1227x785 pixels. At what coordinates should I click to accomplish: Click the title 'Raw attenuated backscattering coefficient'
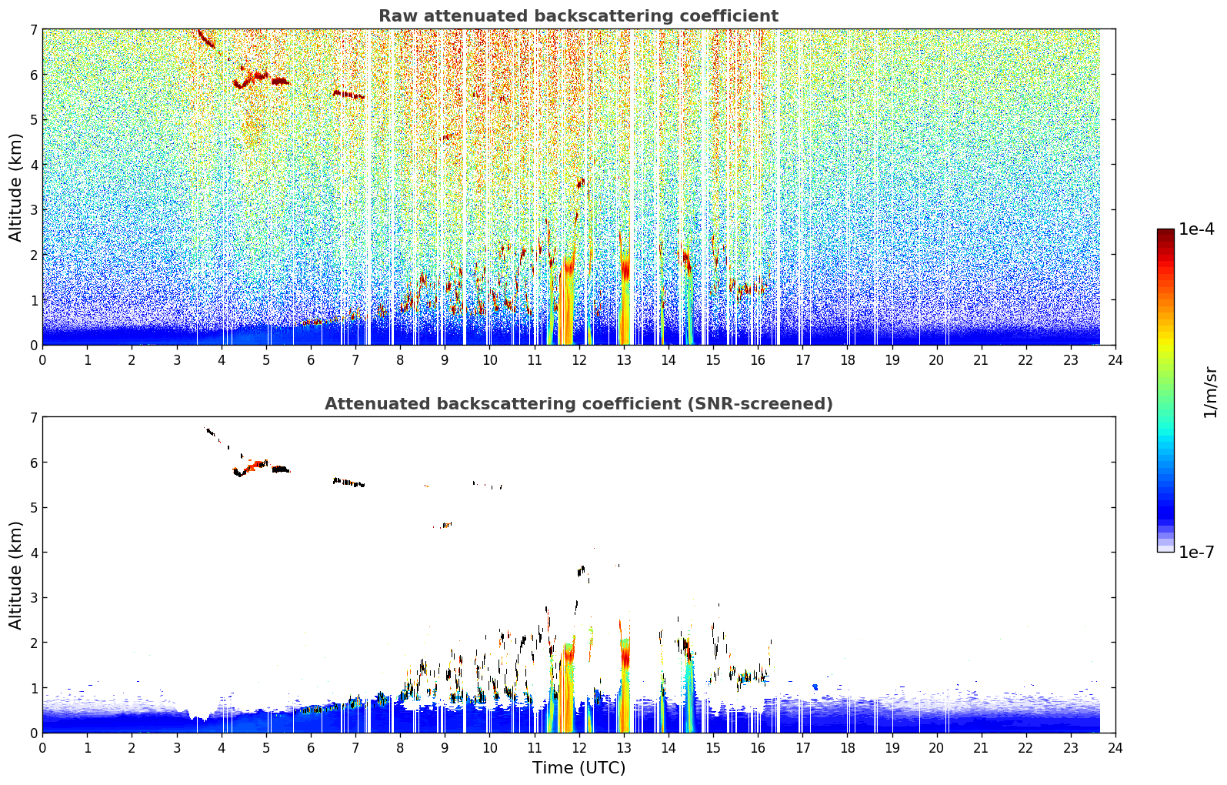pos(578,16)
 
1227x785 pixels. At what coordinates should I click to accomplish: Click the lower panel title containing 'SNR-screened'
pos(578,404)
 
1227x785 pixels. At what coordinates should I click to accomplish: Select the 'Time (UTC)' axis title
pos(578,768)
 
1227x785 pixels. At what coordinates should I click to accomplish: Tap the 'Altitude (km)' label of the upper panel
pos(15,188)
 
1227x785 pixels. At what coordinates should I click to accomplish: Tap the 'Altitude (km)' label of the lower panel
pos(15,576)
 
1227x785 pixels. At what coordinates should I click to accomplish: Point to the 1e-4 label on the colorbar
pos(1196,229)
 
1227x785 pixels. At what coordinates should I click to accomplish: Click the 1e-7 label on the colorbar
pos(1196,552)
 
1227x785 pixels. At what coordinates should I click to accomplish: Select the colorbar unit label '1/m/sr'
pos(1210,392)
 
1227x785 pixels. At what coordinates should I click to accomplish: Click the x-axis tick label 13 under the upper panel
pos(623,360)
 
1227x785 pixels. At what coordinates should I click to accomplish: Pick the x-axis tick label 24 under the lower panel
pos(1115,748)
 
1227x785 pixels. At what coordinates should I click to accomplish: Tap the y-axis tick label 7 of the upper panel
pos(33,29)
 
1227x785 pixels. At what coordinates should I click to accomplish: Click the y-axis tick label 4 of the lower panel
pos(33,553)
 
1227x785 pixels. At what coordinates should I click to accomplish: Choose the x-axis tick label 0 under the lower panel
pos(43,748)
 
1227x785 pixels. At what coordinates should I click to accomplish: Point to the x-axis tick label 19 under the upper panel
pos(892,360)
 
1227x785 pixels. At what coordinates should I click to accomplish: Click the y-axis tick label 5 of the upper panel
pos(33,119)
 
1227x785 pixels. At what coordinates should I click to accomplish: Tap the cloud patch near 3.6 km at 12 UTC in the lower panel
pos(581,571)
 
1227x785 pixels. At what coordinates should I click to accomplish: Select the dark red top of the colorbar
pos(1165,232)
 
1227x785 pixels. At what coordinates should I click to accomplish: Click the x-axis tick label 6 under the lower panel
pos(311,748)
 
